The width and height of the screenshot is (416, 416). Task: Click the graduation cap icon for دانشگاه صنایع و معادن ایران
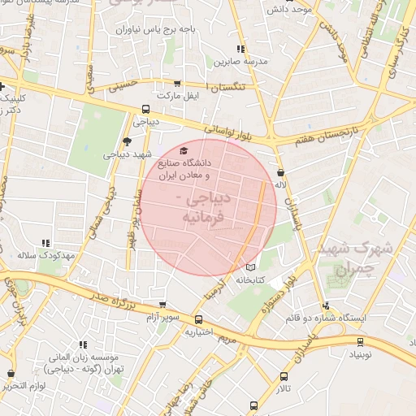184,151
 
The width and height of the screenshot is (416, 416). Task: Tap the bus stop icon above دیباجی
146,109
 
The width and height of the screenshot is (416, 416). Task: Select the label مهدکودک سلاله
47,255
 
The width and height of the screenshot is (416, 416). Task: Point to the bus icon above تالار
284,376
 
